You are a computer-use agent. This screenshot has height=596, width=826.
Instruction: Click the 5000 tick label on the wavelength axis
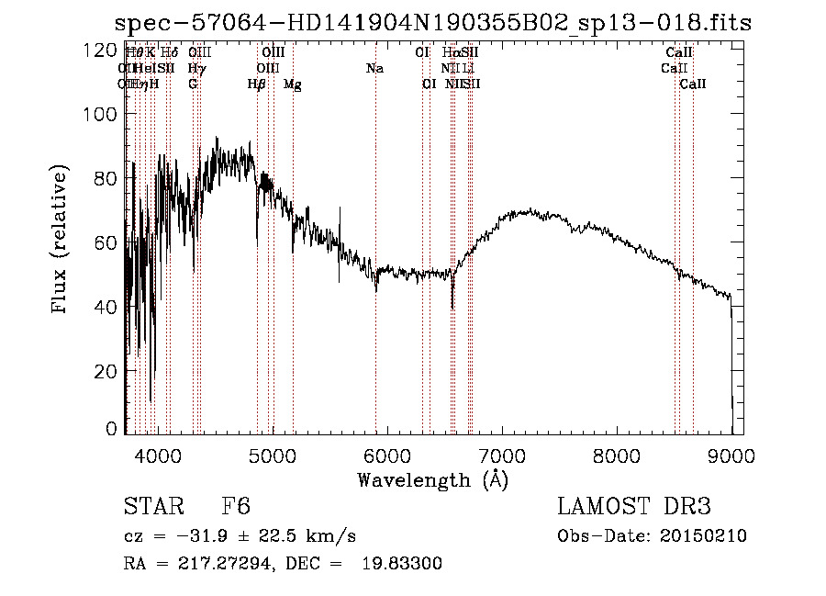pos(272,454)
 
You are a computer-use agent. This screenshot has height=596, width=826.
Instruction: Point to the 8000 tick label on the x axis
pos(617,454)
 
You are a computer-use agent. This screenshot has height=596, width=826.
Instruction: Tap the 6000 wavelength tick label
pos(386,454)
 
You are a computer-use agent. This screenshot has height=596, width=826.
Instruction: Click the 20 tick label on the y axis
pos(108,370)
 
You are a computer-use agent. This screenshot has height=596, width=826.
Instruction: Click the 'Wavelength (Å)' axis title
pos(432,479)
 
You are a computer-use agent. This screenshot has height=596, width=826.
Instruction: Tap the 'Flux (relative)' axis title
pos(61,241)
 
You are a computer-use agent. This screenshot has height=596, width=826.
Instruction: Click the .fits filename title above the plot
pos(432,24)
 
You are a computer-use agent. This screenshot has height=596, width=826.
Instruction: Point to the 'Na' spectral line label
pos(374,69)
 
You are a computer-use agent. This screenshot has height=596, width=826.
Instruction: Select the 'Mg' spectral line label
pos(293,84)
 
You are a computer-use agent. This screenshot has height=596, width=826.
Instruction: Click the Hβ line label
pos(257,84)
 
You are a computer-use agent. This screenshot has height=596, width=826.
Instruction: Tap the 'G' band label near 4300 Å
pos(193,84)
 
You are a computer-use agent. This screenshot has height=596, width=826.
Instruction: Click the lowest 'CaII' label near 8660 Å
pos(693,84)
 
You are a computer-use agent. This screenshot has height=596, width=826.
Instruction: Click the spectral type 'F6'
pos(236,508)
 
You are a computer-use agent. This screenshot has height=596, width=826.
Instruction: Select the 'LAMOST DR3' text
pos(634,508)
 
